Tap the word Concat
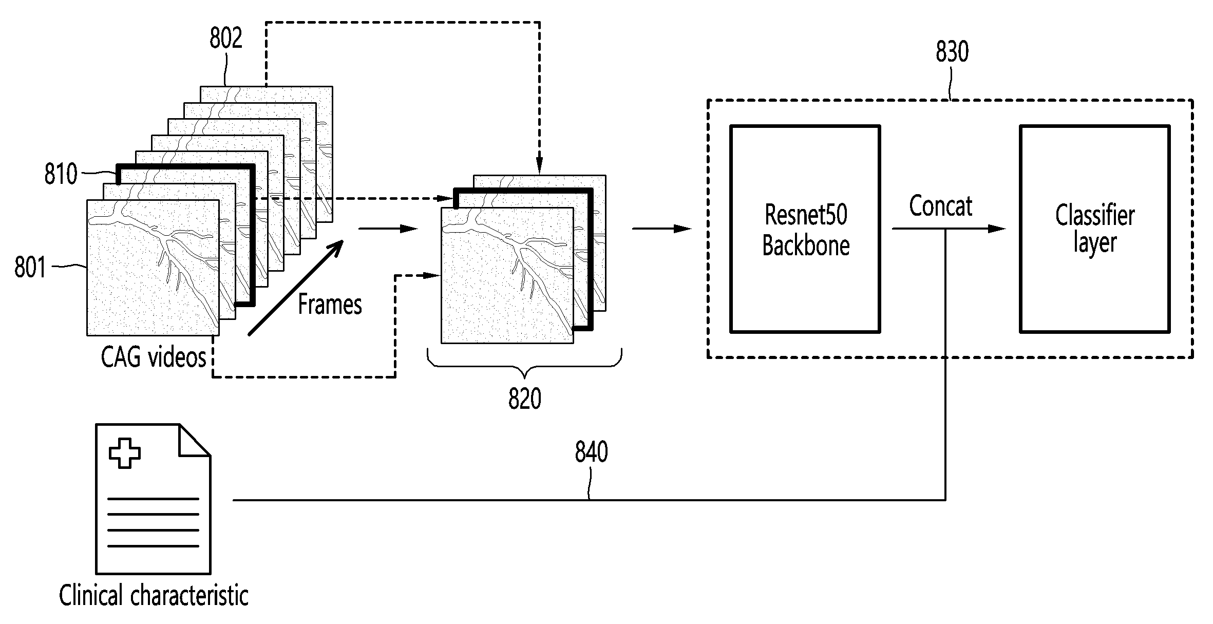click(x=941, y=206)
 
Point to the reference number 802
click(x=225, y=38)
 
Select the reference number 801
click(x=30, y=267)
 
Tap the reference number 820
click(x=525, y=399)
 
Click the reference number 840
click(x=592, y=452)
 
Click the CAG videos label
click(x=154, y=356)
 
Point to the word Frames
click(x=330, y=304)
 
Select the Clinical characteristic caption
click(x=154, y=595)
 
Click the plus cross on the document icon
click(x=125, y=453)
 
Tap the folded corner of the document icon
click(x=194, y=440)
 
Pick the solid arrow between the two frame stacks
click(x=388, y=229)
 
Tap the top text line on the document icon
click(x=154, y=499)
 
